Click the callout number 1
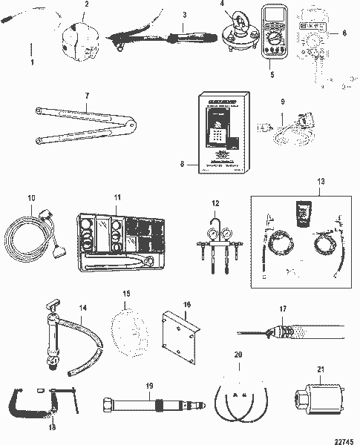(x=30, y=62)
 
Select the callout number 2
(x=86, y=4)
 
